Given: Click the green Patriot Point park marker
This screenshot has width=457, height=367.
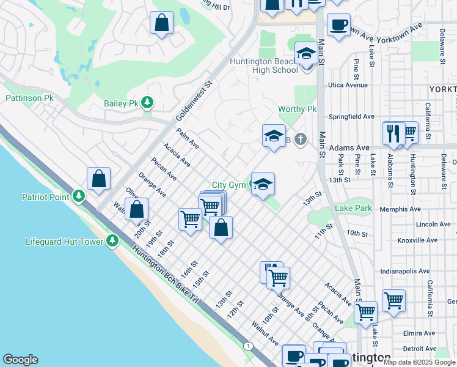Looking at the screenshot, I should (x=78, y=196).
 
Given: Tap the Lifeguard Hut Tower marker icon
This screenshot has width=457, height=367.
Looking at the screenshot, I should (x=112, y=242).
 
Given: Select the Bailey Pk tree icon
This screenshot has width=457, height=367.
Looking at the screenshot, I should (x=147, y=103).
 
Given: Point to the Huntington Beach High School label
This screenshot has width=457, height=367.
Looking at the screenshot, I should (x=263, y=65).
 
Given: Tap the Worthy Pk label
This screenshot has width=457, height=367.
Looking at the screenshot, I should (x=297, y=109).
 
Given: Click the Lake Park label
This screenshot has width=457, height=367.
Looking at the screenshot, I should (x=353, y=209).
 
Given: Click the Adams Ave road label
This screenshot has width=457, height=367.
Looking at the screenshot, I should (x=349, y=148).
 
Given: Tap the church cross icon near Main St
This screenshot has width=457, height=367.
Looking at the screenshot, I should (x=299, y=139).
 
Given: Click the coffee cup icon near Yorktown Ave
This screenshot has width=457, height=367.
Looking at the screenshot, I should (x=338, y=25).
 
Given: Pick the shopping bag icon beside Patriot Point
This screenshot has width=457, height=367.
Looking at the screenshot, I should (x=98, y=179).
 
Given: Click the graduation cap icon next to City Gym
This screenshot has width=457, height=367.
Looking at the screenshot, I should (x=263, y=184).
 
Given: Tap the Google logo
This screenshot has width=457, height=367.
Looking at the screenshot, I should (x=21, y=360).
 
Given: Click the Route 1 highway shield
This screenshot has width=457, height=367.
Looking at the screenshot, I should (x=248, y=346).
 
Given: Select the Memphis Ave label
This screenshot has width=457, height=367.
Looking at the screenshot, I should (x=400, y=209).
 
